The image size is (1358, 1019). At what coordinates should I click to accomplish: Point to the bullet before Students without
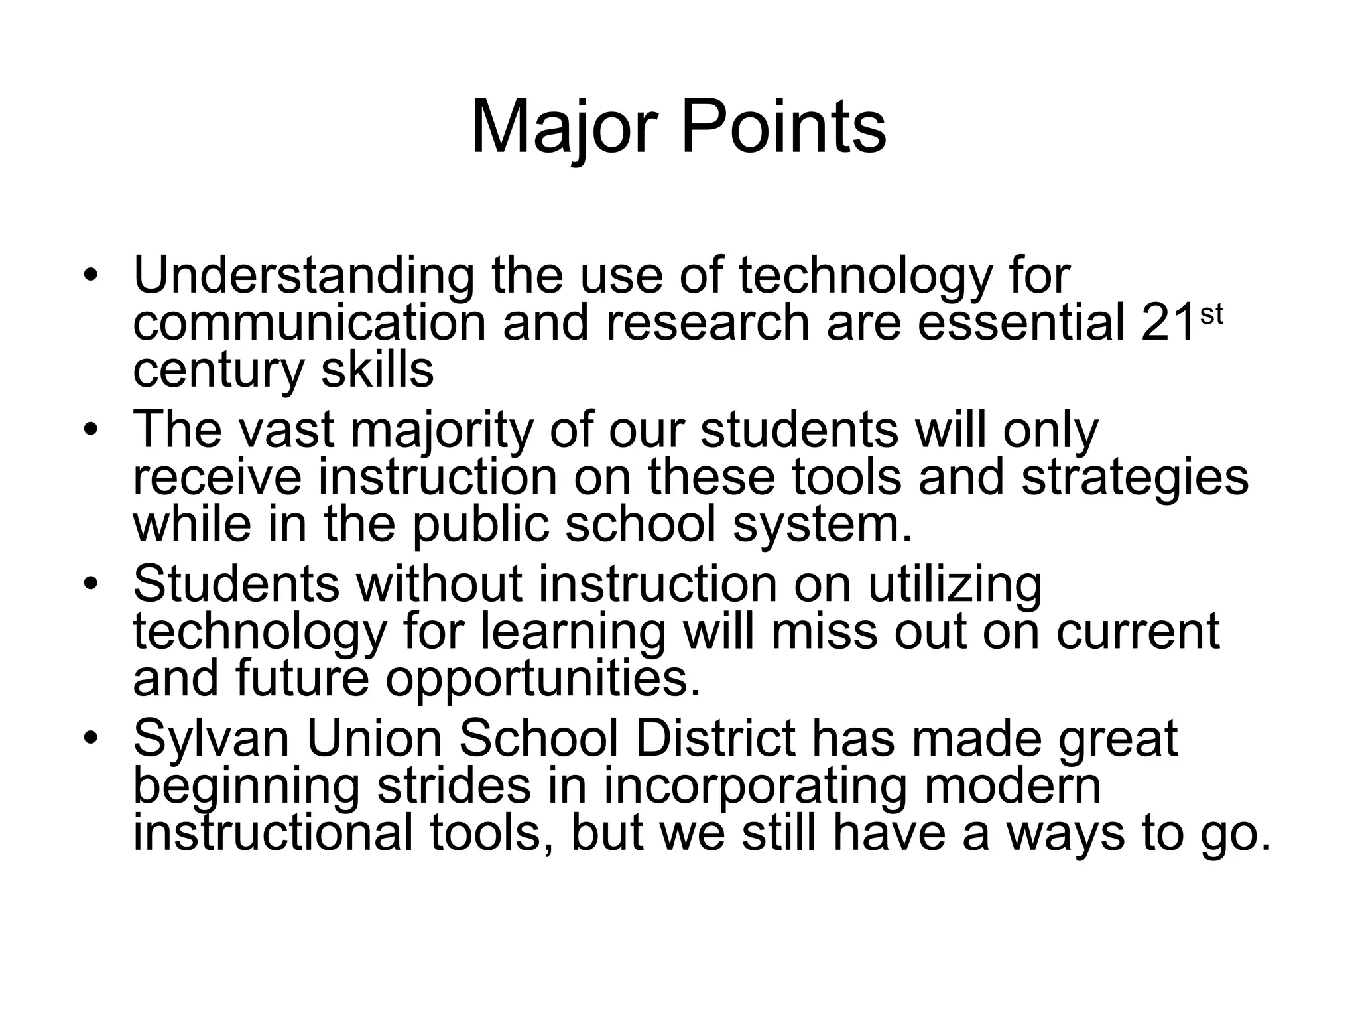point(91,583)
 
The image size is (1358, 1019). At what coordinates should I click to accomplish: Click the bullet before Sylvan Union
point(91,738)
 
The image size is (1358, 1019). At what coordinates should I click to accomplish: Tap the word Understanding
point(304,276)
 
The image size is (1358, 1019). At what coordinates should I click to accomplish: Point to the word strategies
point(1135,478)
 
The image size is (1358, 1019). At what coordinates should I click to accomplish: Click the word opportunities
point(542,680)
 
